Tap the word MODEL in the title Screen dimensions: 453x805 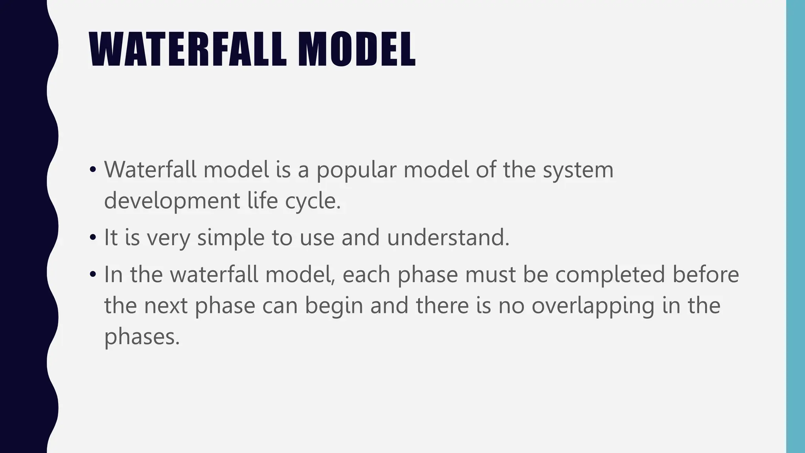(x=356, y=50)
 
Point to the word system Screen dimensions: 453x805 (x=578, y=171)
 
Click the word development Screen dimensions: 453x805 (x=172, y=201)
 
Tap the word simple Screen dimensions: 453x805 (x=230, y=238)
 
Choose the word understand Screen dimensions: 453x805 (x=448, y=238)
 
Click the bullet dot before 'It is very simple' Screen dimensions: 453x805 (x=93, y=238)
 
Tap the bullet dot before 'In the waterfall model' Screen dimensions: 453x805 (x=93, y=274)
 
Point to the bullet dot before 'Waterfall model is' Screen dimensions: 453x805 (x=93, y=170)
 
